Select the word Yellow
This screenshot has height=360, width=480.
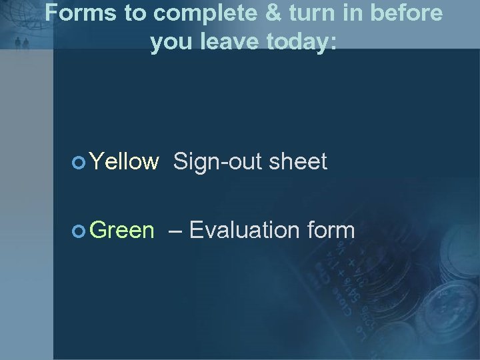coord(124,161)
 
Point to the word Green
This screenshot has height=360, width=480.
coord(122,231)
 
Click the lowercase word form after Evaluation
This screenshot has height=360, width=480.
coord(331,231)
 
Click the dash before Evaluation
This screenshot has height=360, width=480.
coord(177,231)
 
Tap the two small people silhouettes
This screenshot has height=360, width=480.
coord(22,43)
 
